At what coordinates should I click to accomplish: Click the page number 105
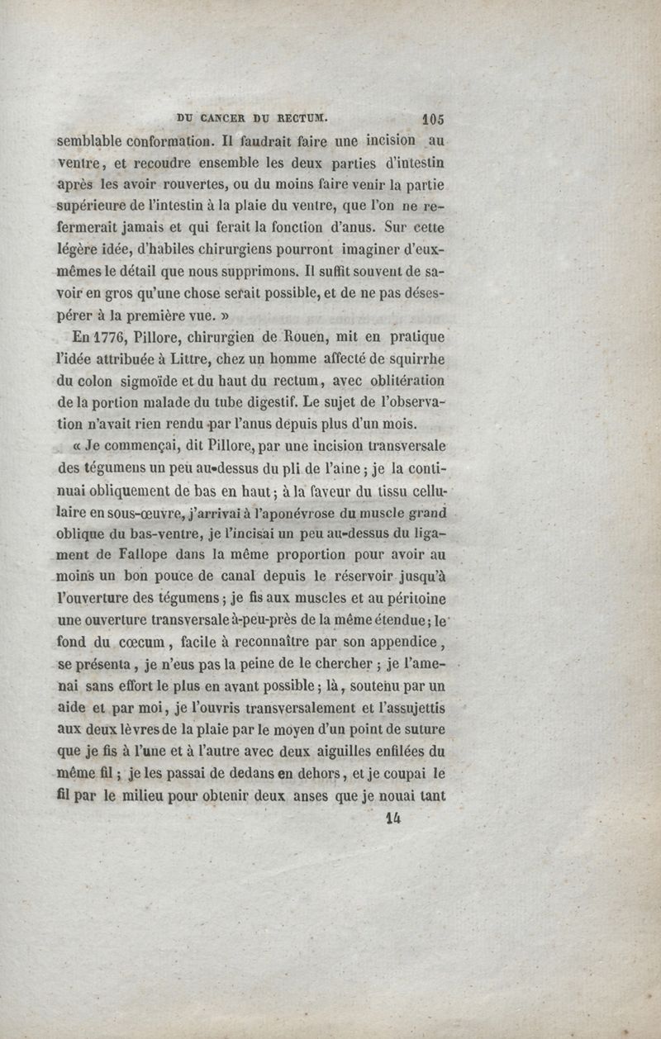(x=432, y=116)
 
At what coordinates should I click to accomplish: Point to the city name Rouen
(x=288, y=338)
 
